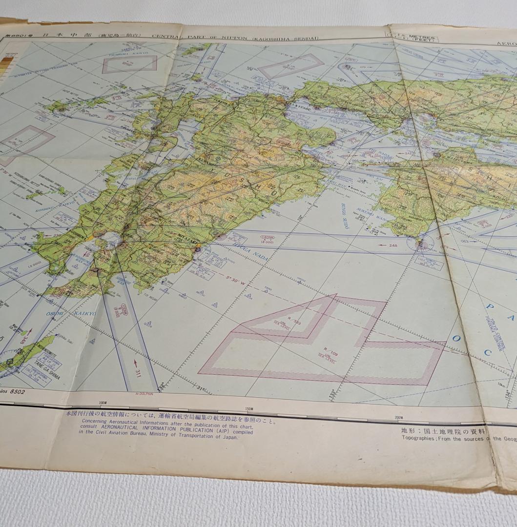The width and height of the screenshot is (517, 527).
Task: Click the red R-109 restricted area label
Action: pos(331,352)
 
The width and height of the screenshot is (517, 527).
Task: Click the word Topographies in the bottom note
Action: pos(418,438)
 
